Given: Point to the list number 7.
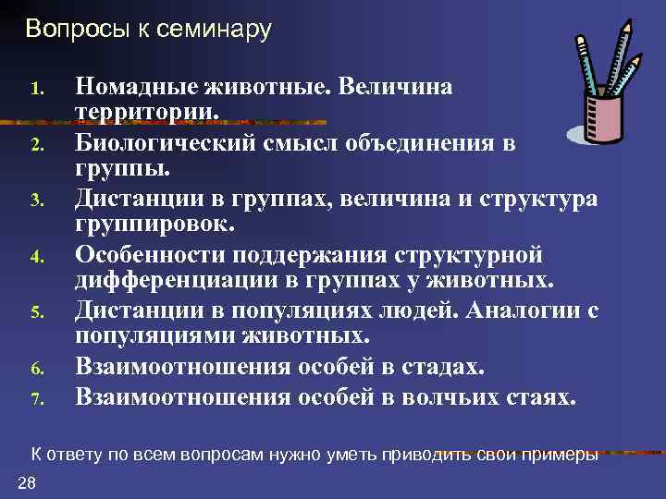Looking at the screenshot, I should (x=37, y=400).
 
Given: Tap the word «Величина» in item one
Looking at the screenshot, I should (x=397, y=87).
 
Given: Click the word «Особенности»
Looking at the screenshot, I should (x=164, y=253).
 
